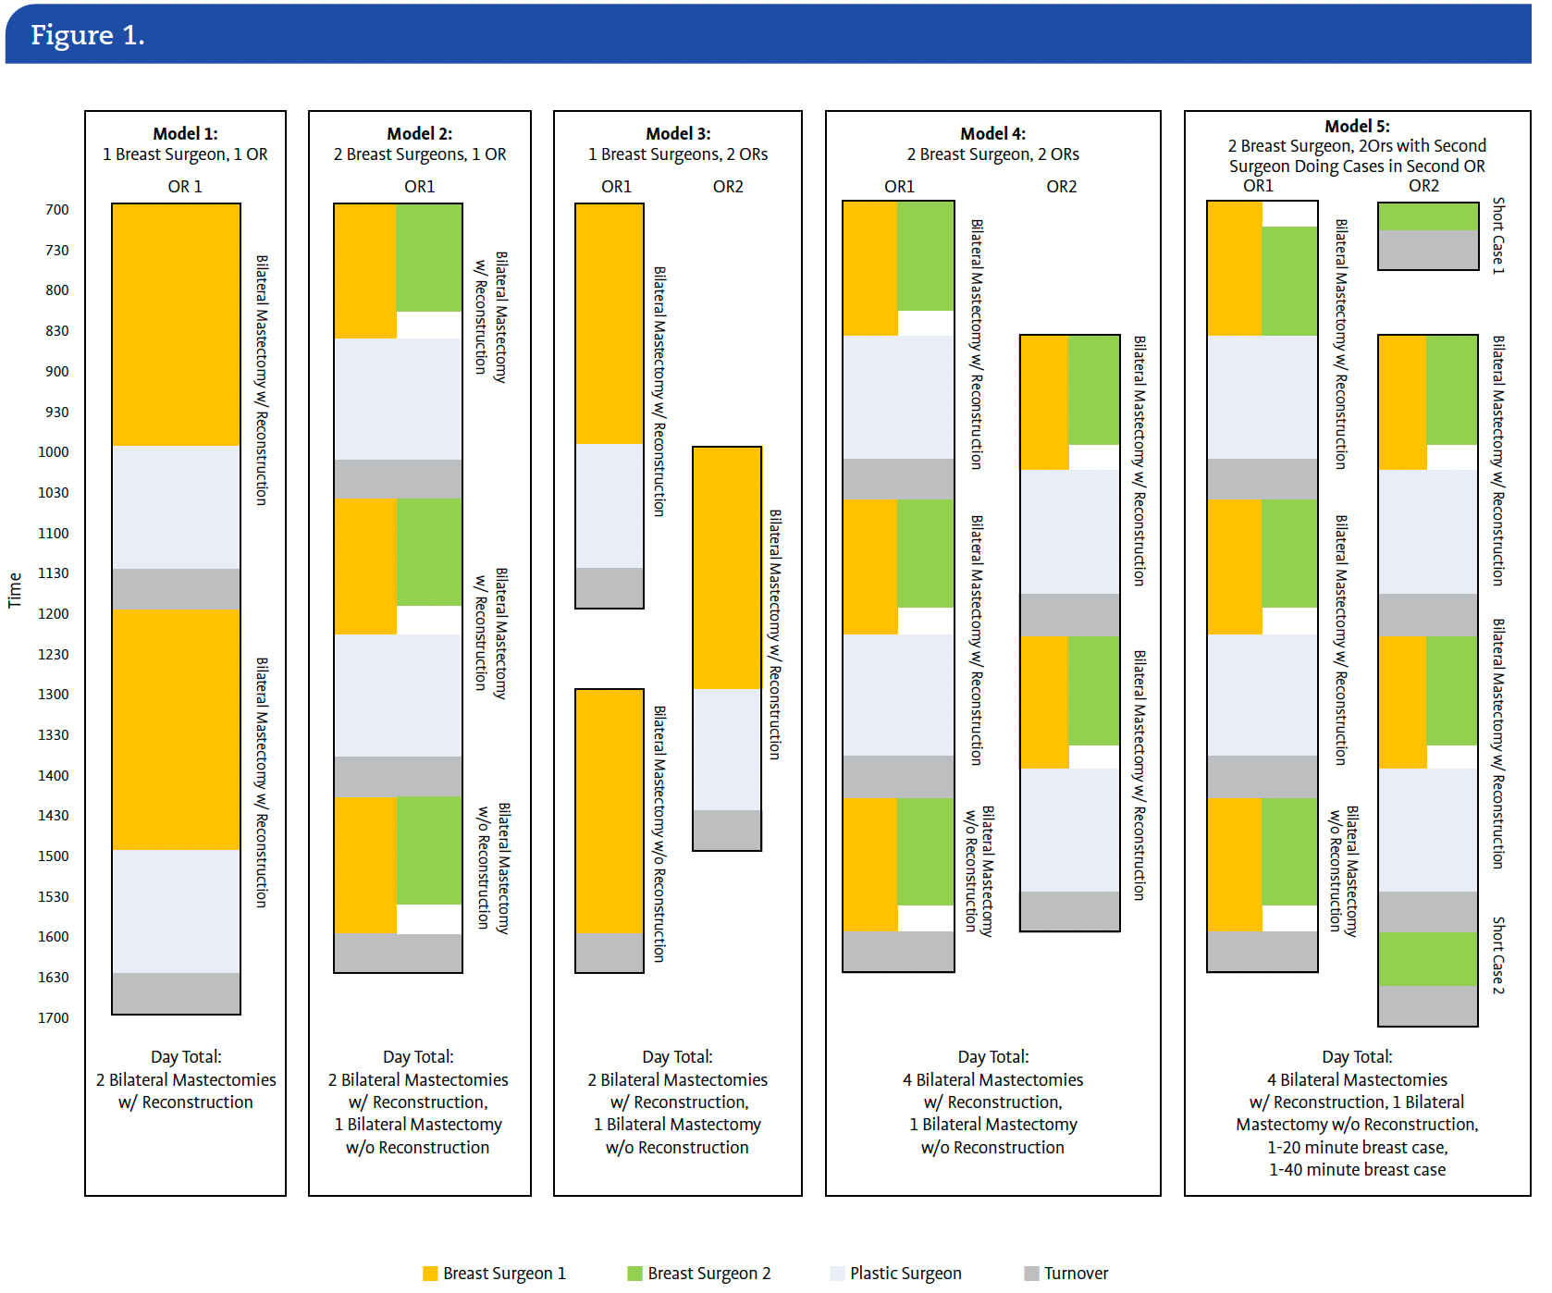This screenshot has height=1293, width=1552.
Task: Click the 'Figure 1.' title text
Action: [x=88, y=35]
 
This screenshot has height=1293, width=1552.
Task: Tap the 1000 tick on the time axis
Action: [x=54, y=452]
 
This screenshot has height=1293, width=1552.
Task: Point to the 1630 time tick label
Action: [x=54, y=978]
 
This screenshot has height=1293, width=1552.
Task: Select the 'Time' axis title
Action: [x=15, y=590]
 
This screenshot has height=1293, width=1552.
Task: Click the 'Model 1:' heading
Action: [x=185, y=134]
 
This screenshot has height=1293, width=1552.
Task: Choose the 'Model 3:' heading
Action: [x=678, y=134]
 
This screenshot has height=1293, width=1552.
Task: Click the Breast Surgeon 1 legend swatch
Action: [x=430, y=1274]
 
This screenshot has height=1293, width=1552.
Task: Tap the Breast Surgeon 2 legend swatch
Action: [x=634, y=1274]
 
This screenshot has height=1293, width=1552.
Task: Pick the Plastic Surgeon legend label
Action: [x=905, y=1274]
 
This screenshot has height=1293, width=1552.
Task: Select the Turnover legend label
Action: [x=1076, y=1274]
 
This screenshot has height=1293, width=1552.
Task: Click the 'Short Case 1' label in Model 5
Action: [x=1498, y=235]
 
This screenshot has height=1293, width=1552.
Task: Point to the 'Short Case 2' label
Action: [x=1498, y=955]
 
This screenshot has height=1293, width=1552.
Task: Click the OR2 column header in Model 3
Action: [x=728, y=187]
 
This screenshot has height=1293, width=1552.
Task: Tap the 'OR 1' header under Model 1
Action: [x=185, y=187]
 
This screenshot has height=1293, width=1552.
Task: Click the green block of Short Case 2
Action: [x=1427, y=959]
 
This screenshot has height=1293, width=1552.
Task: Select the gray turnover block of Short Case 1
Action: [x=1427, y=250]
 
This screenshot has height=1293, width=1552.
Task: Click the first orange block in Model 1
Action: [x=176, y=324]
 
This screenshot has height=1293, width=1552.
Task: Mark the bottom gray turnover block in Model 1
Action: [x=176, y=993]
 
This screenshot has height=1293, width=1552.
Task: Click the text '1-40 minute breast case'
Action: [x=1357, y=1170]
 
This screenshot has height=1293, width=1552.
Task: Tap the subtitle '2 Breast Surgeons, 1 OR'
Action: [x=420, y=154]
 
